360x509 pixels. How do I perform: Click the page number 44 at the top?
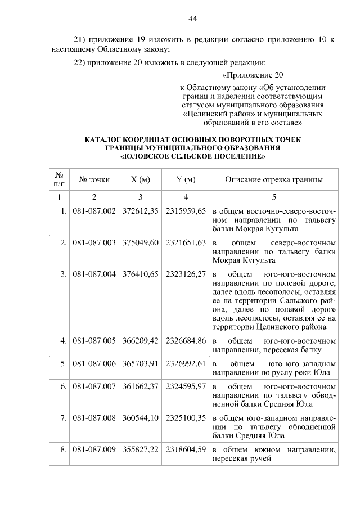point(192,19)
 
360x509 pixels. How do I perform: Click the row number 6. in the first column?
point(64,388)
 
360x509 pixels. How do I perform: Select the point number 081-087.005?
point(94,340)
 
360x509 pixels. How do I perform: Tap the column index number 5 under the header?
point(274,197)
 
